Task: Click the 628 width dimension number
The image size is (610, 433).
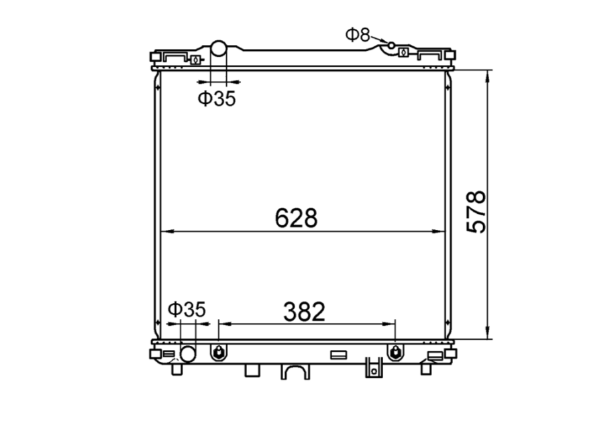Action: point(295,218)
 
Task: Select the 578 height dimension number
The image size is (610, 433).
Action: point(476,212)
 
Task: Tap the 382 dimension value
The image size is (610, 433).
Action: point(304,311)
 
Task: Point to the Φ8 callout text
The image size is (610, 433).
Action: point(358,34)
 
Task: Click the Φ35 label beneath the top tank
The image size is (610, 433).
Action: point(217,99)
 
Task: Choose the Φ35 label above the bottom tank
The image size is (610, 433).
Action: point(187,309)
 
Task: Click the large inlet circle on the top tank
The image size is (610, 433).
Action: point(219,48)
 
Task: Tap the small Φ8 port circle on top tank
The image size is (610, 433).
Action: point(391,45)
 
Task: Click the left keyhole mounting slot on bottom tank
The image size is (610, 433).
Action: point(218,351)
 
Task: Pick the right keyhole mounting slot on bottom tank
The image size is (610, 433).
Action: point(396,351)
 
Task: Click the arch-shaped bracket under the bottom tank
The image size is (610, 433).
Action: point(295,371)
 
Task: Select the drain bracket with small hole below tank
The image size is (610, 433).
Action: point(374,367)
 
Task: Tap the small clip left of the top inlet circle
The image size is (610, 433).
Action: point(195,59)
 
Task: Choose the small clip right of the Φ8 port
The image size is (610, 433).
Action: point(403,52)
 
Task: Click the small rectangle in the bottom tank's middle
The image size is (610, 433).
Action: point(338,355)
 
